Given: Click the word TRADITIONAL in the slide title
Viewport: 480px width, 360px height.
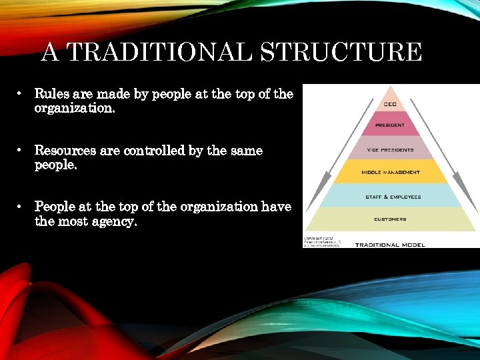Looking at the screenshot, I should (x=158, y=52).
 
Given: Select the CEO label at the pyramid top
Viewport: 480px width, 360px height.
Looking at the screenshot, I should (x=390, y=104).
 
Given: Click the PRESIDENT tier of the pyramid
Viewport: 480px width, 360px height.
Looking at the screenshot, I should (x=390, y=125).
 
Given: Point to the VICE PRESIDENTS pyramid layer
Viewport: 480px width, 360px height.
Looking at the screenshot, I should (x=390, y=149).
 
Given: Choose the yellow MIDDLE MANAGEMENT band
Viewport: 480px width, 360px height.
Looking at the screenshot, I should (x=390, y=172).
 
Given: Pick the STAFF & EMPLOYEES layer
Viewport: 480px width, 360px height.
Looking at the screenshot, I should (x=393, y=197).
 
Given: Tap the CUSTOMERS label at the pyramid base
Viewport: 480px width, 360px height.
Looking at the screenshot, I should (x=390, y=219).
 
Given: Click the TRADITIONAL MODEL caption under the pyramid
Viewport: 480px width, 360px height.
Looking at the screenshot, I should (x=389, y=245).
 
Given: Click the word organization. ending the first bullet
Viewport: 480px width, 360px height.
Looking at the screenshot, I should (x=75, y=108).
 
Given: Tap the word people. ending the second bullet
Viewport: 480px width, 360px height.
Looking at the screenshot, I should (x=56, y=165).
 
